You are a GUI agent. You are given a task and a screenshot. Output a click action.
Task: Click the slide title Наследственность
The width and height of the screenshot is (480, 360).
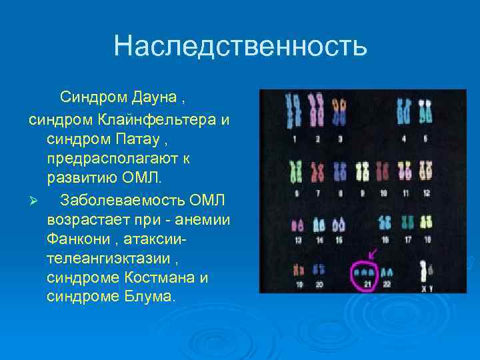click(240, 46)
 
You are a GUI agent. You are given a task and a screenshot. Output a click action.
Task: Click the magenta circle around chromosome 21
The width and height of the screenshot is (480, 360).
click(364, 275)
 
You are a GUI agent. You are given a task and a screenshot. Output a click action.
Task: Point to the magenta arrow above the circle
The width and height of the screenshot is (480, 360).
click(371, 254)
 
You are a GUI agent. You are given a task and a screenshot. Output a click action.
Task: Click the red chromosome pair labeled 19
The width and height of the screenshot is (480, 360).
click(298, 270)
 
